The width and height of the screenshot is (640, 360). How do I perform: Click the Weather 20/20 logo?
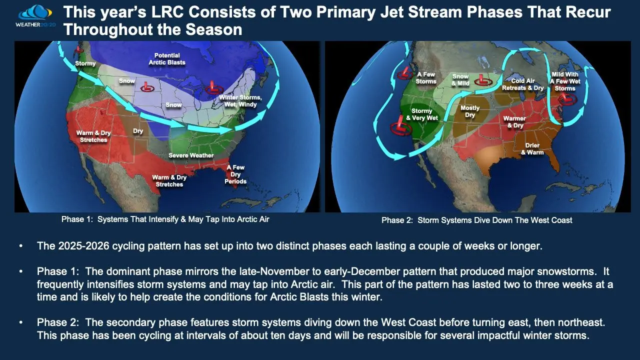tap(35, 16)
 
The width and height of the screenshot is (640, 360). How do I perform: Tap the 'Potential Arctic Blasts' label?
tap(167, 59)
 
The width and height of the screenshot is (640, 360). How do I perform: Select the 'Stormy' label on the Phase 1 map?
tap(85, 63)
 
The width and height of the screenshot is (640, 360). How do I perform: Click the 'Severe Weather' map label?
tap(191, 155)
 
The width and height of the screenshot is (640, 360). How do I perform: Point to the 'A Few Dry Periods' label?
tap(235, 174)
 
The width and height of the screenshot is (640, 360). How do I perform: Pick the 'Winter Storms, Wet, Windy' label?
tap(240, 101)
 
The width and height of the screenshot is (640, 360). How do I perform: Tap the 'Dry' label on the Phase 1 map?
tap(137, 131)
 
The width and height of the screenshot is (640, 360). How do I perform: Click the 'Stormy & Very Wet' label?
tap(421, 114)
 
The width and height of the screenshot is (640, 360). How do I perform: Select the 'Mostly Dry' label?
tap(469, 111)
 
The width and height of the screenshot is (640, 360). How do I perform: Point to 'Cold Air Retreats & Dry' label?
tap(522, 84)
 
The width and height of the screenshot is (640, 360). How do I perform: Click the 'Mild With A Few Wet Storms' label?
tap(565, 81)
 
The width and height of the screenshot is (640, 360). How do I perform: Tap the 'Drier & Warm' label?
tap(532, 149)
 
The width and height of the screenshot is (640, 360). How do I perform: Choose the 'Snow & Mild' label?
tap(460, 79)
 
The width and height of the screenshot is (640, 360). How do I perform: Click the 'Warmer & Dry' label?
tap(514, 121)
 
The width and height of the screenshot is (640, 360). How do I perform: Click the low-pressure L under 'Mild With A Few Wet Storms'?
tap(567, 99)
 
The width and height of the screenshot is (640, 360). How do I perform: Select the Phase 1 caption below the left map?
tap(165, 219)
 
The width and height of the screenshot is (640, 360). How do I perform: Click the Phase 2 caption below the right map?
tap(476, 220)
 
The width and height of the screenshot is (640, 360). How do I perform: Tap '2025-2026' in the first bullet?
tap(83, 246)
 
